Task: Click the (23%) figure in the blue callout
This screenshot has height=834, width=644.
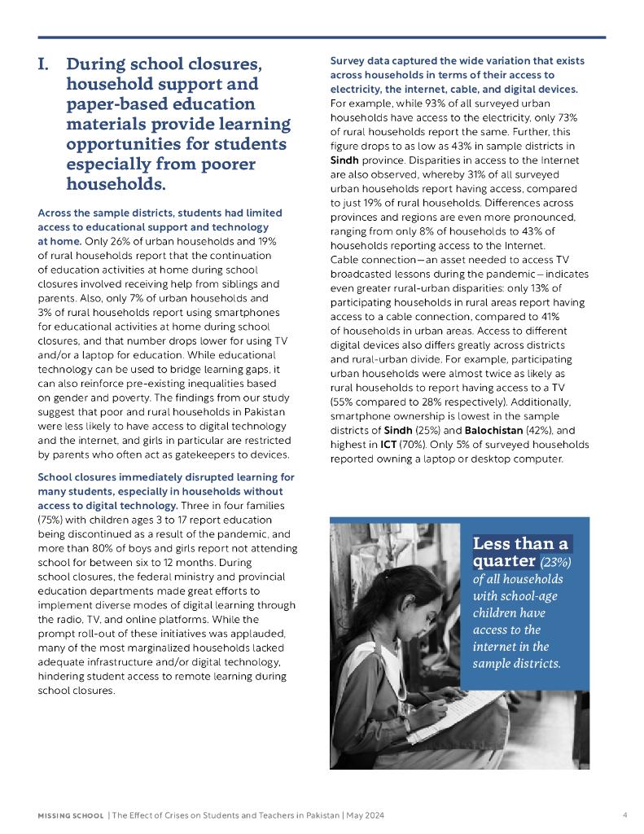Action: [x=556, y=562]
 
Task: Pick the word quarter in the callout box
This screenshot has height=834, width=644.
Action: [x=503, y=562]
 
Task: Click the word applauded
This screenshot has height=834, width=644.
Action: [x=256, y=634]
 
